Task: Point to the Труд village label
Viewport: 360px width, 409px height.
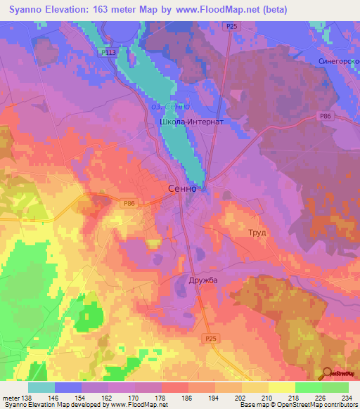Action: click(x=257, y=232)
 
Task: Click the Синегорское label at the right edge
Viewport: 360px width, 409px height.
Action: click(x=339, y=61)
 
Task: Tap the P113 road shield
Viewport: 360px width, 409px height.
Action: click(x=108, y=51)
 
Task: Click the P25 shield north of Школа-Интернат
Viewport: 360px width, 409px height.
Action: click(x=231, y=26)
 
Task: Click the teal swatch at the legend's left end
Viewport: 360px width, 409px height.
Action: click(x=41, y=388)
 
